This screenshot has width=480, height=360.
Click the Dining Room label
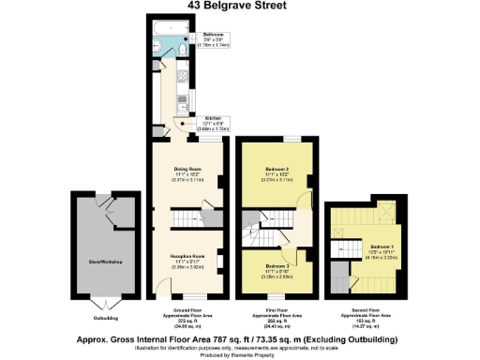187,174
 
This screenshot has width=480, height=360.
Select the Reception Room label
187,260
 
